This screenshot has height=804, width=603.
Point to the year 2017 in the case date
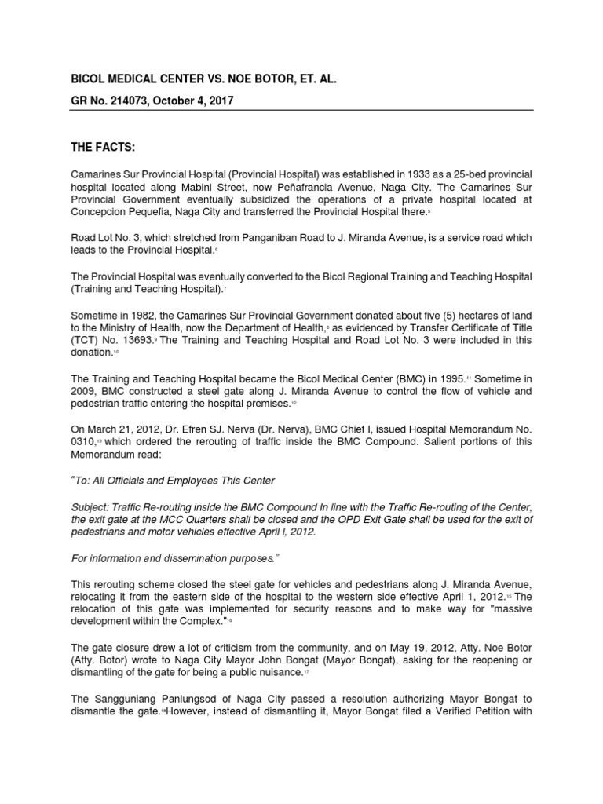[217, 101]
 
